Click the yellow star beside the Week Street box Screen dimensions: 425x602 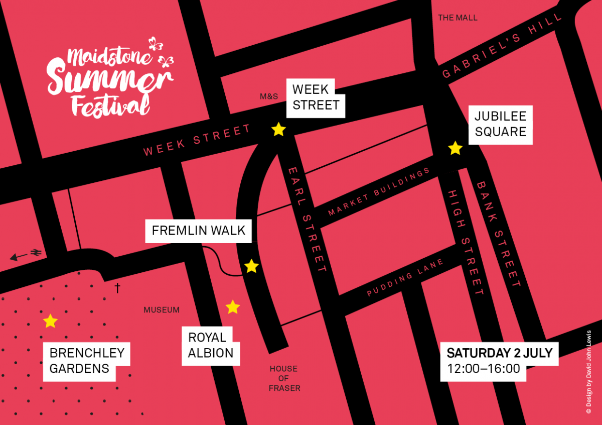pyautogui.click(x=278, y=130)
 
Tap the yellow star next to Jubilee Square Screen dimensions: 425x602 pyautogui.click(x=455, y=148)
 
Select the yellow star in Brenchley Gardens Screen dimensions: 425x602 pyautogui.click(x=50, y=321)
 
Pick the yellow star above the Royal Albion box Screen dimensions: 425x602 pyautogui.click(x=233, y=307)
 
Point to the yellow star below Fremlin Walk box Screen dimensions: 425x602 pyautogui.click(x=251, y=266)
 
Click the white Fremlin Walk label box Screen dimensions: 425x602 pyautogui.click(x=199, y=231)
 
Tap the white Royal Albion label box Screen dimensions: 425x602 pyautogui.click(x=211, y=345)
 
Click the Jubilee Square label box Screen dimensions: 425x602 pyautogui.click(x=500, y=124)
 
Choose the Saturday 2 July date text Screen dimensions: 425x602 pyautogui.click(x=499, y=353)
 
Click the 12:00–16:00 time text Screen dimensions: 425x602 pyautogui.click(x=483, y=369)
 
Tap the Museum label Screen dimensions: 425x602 pyautogui.click(x=162, y=310)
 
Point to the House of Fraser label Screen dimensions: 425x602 pyautogui.click(x=284, y=378)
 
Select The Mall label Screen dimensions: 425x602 pyautogui.click(x=458, y=18)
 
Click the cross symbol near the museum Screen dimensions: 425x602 pyautogui.click(x=117, y=288)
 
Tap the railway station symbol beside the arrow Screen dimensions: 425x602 pyautogui.click(x=37, y=253)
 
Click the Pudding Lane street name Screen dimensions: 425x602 pyautogui.click(x=405, y=278)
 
